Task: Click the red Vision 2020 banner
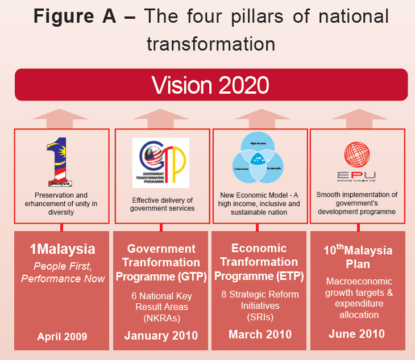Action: coord(211,85)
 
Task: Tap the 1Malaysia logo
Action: coord(61,161)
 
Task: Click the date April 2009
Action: coord(62,337)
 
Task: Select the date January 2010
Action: coord(161,336)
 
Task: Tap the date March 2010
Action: coord(259,334)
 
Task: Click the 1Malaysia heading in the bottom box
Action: coord(62,249)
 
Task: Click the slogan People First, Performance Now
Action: coord(62,272)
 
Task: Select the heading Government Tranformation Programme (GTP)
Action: coord(161,263)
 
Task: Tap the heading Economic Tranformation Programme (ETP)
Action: coord(259,262)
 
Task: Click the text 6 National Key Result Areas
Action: coord(161,302)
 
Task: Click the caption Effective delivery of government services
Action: coord(163,204)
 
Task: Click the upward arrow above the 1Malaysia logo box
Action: coord(61,119)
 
